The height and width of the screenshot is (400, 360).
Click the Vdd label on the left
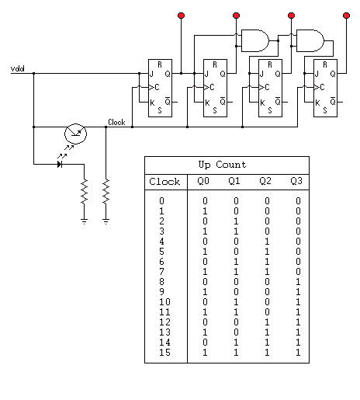(x=17, y=68)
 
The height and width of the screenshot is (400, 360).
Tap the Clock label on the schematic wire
(x=116, y=122)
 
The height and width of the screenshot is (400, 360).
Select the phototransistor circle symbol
(x=75, y=134)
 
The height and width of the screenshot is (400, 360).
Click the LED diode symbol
(x=60, y=164)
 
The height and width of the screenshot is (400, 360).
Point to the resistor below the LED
(x=84, y=192)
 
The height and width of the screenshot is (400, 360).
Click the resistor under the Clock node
(x=106, y=192)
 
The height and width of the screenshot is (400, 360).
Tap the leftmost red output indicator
(x=181, y=16)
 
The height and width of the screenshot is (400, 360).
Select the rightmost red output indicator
(x=346, y=16)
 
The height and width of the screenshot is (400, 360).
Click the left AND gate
(x=255, y=40)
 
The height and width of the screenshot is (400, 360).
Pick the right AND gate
(x=310, y=40)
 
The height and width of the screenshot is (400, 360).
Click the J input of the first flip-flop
(x=151, y=74)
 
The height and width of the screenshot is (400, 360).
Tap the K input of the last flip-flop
(x=317, y=103)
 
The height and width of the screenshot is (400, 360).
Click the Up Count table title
(x=222, y=165)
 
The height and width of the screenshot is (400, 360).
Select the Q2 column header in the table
(x=265, y=181)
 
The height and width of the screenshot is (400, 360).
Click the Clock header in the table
(x=164, y=181)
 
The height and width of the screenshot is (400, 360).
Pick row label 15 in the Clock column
(x=164, y=353)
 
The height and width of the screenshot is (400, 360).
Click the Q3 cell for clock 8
(x=298, y=281)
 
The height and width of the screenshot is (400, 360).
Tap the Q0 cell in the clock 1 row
(x=205, y=211)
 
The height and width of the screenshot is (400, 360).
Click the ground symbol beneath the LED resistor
(x=84, y=221)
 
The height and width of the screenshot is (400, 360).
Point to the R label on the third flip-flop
(x=270, y=64)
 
